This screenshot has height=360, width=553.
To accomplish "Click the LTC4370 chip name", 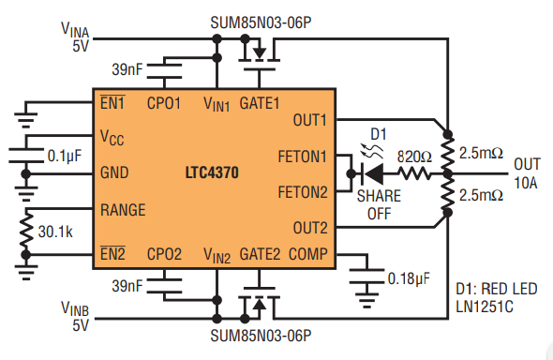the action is coord(212,172).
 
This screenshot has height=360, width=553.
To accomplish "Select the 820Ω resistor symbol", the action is coord(414,173).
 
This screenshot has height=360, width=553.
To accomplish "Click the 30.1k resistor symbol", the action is coord(25,232).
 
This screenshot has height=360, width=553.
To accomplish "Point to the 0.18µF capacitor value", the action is coord(409,278).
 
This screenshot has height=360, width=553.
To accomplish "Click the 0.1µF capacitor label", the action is coord(64,156).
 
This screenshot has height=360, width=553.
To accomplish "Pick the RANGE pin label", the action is coord(123,210).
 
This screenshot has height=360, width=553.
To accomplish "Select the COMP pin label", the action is coord(307,254).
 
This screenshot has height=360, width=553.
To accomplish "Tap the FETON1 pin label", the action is coord(302,157).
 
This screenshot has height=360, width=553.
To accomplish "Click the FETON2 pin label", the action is coord(303,192).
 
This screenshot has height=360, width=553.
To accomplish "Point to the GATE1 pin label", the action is coord(260,103).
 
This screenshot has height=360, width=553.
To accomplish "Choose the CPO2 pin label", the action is coord(164,254).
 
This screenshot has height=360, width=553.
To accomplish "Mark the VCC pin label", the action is coord(112,137).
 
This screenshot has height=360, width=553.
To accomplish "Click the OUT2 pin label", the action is coord(310,228).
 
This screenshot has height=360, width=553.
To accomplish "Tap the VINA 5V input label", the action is coord(75,37).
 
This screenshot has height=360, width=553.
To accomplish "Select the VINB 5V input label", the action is coord(75,316).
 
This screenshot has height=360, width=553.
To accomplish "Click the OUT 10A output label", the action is coord(527,173).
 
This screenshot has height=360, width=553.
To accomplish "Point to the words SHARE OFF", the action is coord(379,205).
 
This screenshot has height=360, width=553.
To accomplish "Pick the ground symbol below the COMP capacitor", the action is coord(366,301).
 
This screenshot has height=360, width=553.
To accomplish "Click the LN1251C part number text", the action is coord(485,307).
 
